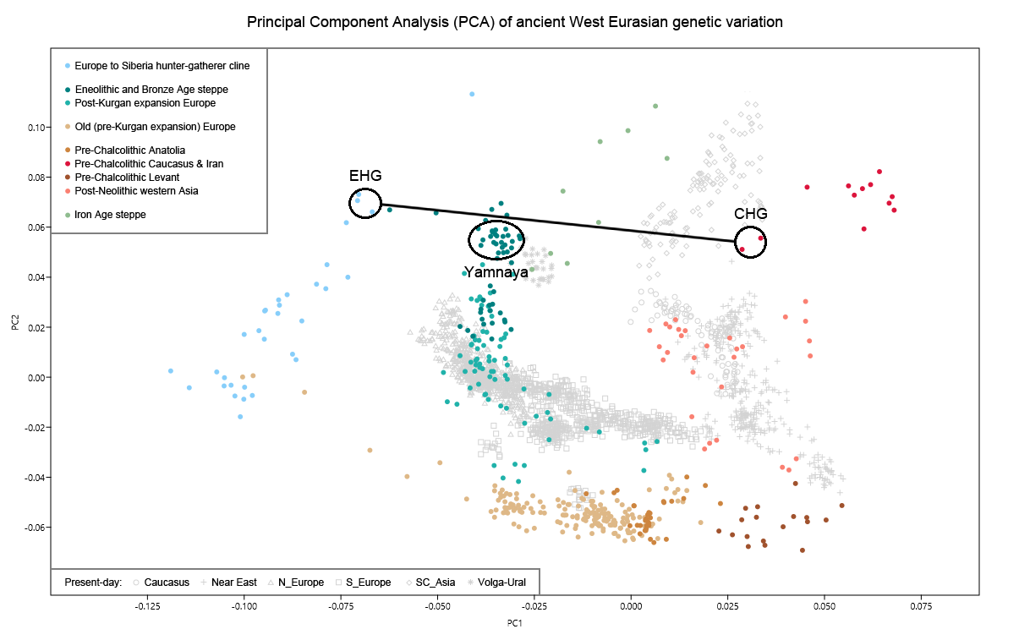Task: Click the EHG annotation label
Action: (x=365, y=176)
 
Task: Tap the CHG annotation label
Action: (x=750, y=214)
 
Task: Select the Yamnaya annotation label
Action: (x=496, y=272)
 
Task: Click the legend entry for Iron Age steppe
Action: (x=110, y=215)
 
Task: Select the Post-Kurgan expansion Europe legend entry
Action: (x=145, y=103)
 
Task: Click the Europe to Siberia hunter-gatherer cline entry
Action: (x=162, y=65)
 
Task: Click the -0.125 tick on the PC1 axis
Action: (x=148, y=606)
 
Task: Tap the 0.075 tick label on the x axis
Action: (x=921, y=606)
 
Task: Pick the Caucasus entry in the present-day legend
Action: (x=167, y=582)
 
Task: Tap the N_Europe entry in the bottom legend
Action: (x=300, y=582)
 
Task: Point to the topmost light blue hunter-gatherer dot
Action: (x=472, y=94)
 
